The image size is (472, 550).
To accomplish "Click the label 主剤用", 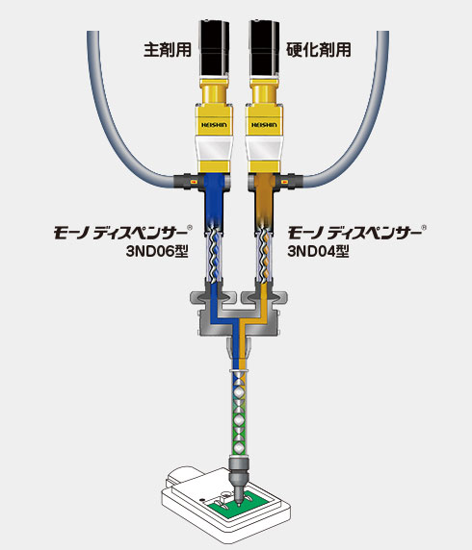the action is click(x=168, y=49).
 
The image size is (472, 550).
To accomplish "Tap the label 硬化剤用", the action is click(x=319, y=49).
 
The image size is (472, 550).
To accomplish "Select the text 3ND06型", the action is click(x=157, y=251).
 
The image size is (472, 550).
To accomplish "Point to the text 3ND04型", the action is click(x=319, y=251).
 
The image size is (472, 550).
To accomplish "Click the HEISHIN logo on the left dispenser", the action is click(x=214, y=125).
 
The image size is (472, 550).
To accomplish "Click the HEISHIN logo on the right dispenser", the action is click(x=264, y=125).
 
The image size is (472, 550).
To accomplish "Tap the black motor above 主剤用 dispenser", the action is click(x=214, y=49).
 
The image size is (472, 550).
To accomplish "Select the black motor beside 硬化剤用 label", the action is click(x=264, y=49).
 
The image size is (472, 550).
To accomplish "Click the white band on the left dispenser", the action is click(x=214, y=148).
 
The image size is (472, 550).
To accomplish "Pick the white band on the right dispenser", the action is click(x=264, y=148).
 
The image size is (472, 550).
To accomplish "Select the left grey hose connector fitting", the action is click(x=187, y=182).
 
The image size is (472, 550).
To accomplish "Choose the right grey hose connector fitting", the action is click(x=291, y=182).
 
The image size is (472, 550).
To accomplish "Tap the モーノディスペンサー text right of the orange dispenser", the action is click(x=354, y=233).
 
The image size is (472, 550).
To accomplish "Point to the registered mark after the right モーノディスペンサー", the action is click(x=424, y=228).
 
